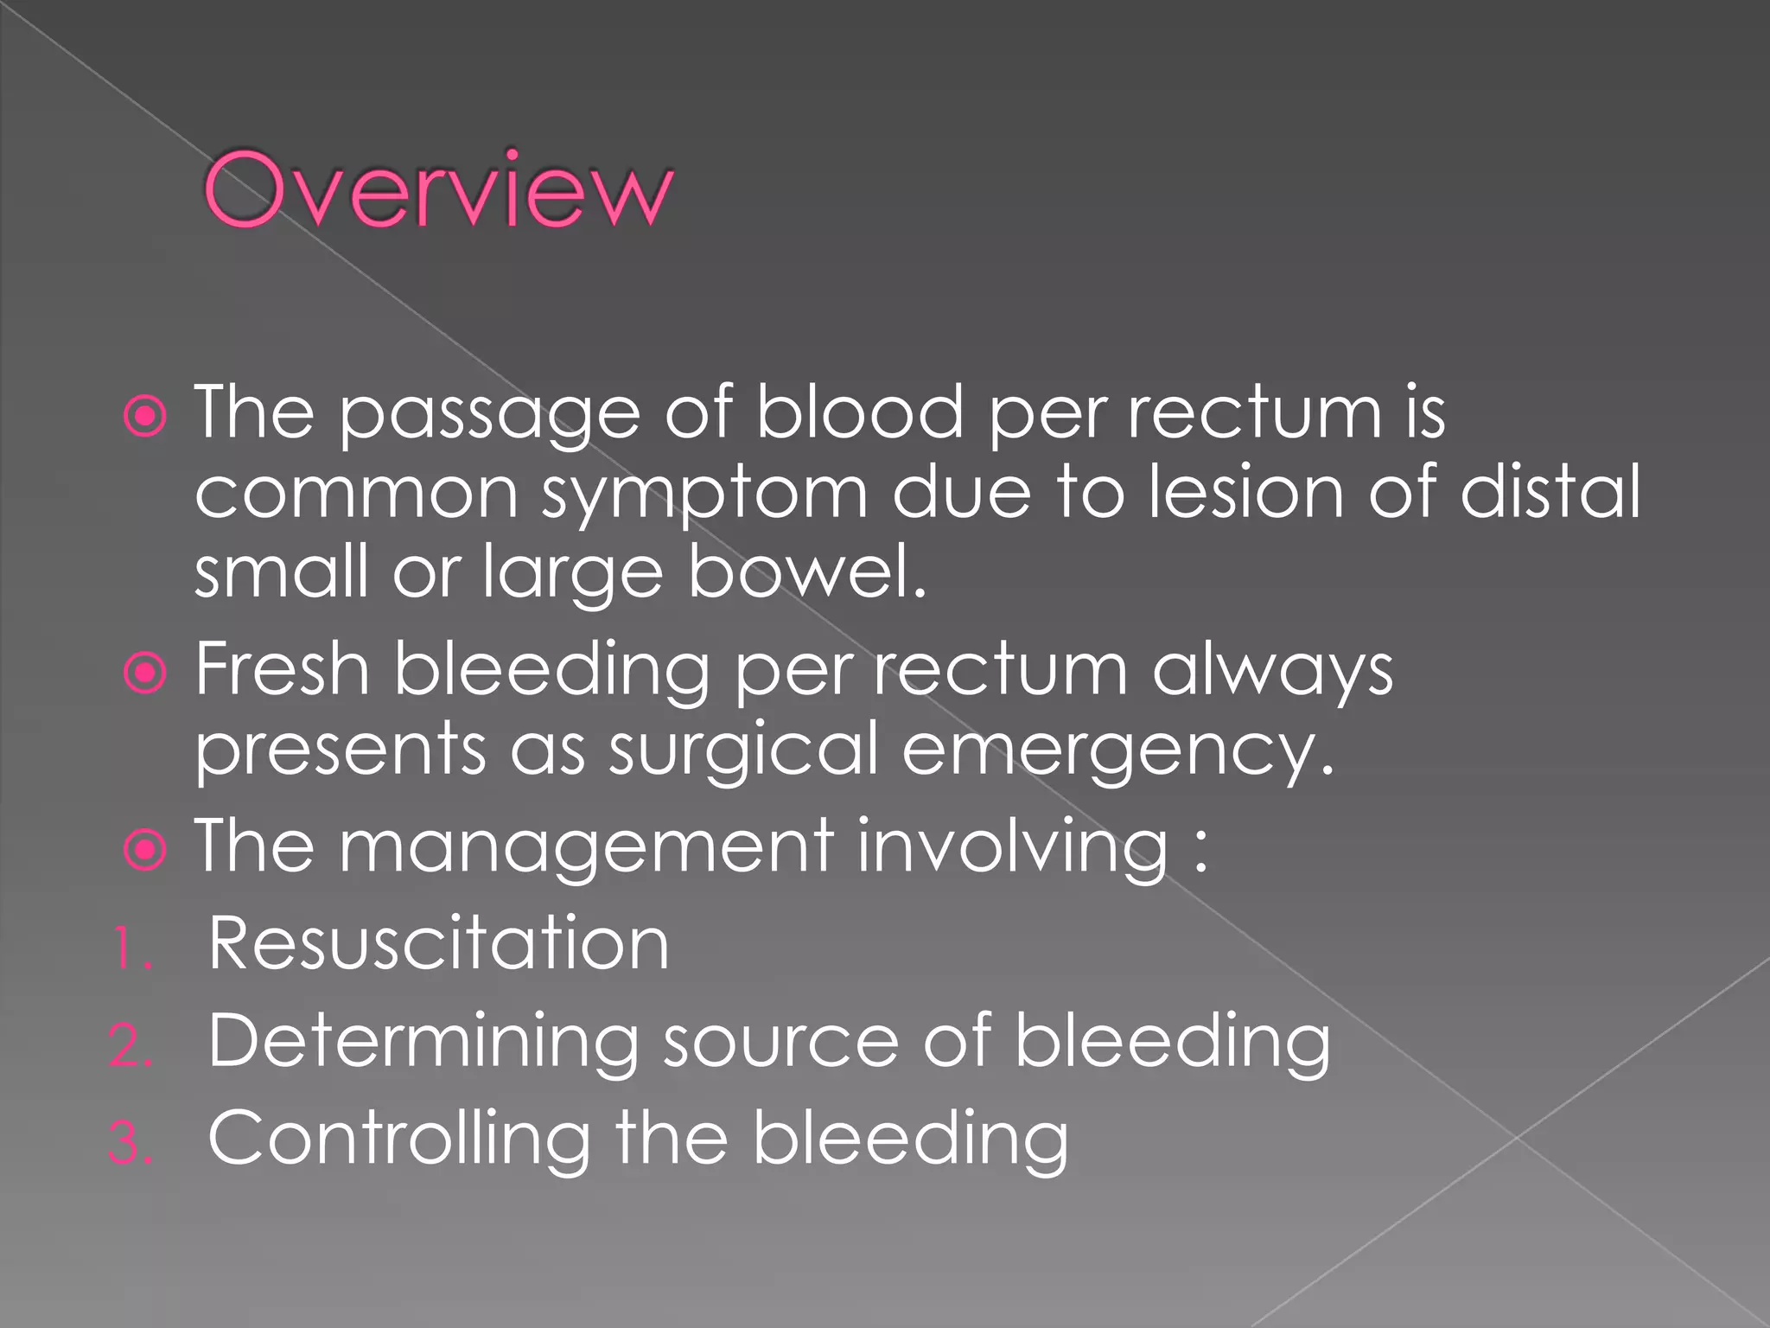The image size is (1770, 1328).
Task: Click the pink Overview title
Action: click(437, 190)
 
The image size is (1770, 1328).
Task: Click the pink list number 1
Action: click(131, 949)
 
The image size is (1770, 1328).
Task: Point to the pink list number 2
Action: click(131, 1046)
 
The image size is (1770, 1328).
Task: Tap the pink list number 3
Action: click(131, 1143)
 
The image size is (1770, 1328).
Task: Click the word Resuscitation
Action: click(438, 944)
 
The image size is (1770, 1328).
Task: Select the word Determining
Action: click(423, 1043)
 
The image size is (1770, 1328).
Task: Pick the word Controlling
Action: click(399, 1140)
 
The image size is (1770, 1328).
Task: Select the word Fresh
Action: click(283, 669)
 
